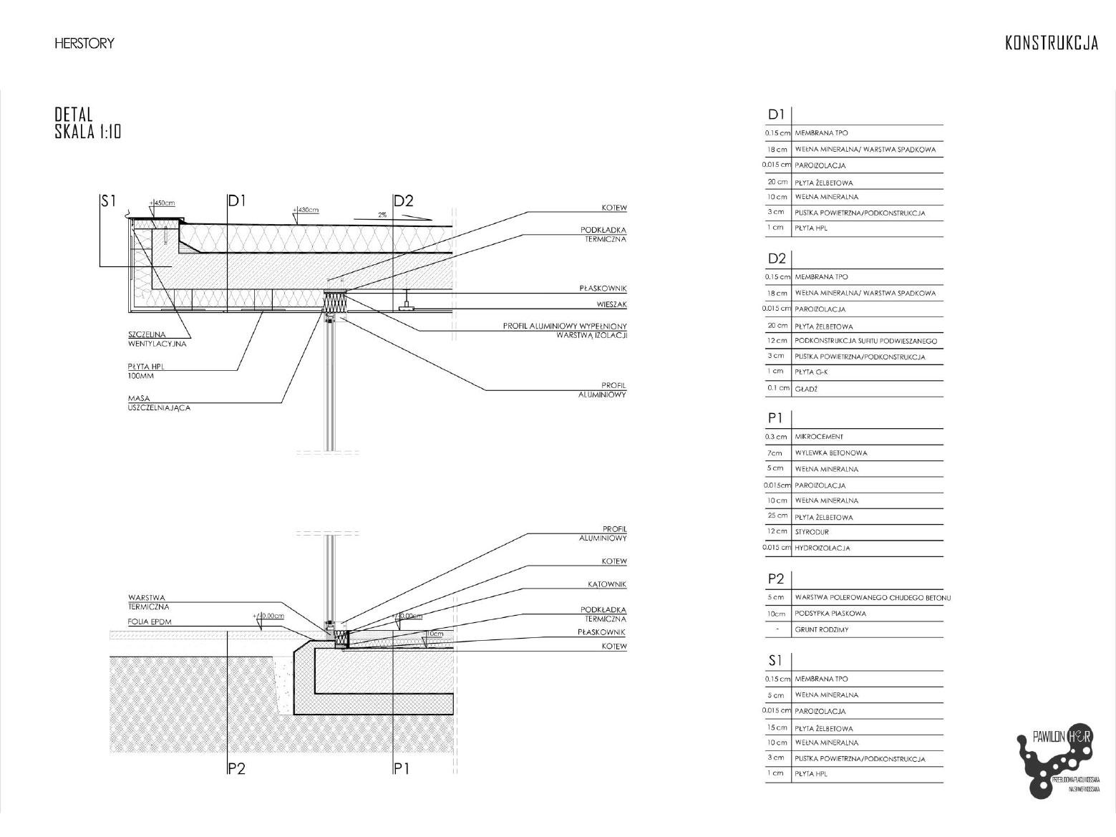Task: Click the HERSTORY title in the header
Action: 84,44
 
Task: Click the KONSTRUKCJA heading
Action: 1051,44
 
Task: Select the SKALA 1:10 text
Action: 88,132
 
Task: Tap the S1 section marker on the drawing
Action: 108,201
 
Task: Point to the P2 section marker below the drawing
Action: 236,769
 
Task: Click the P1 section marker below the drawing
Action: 402,769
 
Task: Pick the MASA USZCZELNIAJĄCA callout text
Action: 159,403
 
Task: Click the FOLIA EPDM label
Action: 150,621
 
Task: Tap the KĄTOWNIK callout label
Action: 606,584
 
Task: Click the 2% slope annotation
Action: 382,215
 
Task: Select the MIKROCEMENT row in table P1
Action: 819,437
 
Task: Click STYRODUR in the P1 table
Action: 812,532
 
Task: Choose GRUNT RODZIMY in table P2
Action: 822,630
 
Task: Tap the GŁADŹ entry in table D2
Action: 806,389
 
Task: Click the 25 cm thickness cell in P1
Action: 777,516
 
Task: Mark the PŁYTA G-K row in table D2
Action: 812,372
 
